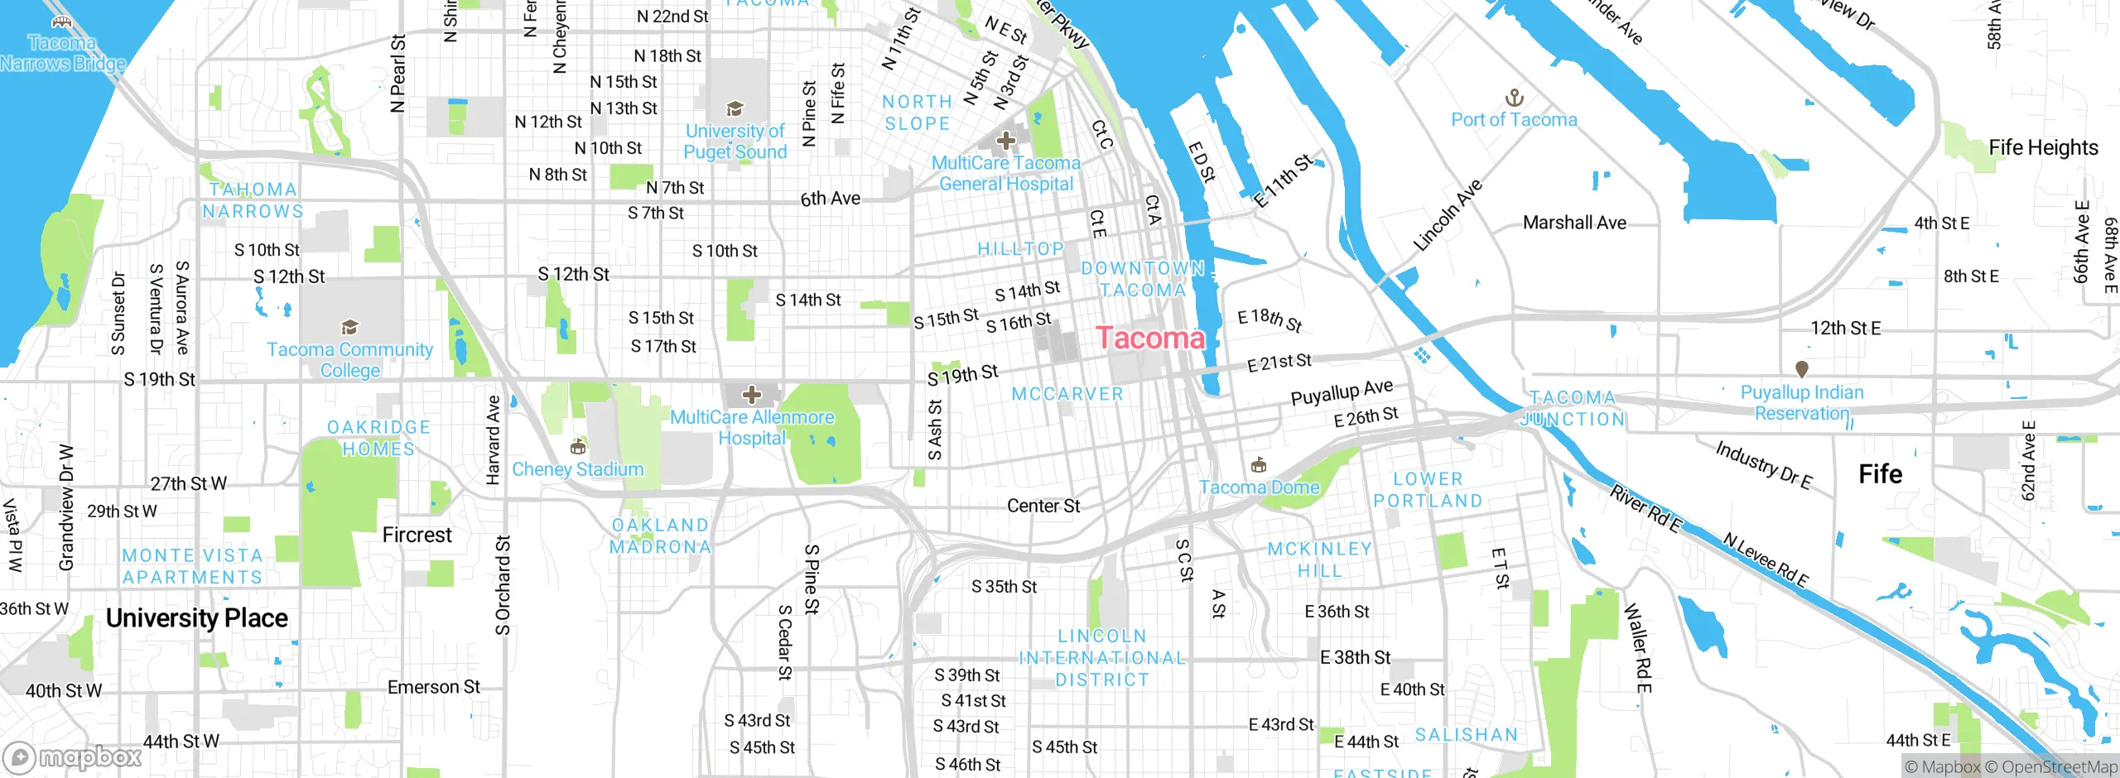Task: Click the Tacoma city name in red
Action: coord(1150,338)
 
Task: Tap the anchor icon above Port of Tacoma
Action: coord(1514,98)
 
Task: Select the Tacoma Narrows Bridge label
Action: coord(62,53)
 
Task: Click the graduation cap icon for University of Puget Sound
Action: coord(734,109)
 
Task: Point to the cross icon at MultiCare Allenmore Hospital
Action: coord(751,395)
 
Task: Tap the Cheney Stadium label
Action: coord(577,469)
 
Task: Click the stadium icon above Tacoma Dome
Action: coord(1258,463)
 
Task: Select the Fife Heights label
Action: coord(2043,147)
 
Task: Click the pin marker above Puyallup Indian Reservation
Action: coord(1801,368)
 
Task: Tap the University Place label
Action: coord(197,618)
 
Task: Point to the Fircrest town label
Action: coord(417,535)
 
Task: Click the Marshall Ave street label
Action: coord(1574,223)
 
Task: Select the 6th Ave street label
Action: coord(830,199)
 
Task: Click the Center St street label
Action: coord(1043,506)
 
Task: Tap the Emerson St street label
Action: coord(433,687)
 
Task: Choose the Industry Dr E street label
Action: coord(1763,465)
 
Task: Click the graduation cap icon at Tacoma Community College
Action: coord(349,327)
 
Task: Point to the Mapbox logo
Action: coord(73,756)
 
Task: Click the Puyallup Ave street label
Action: coord(1342,392)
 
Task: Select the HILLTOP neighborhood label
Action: coord(1020,248)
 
